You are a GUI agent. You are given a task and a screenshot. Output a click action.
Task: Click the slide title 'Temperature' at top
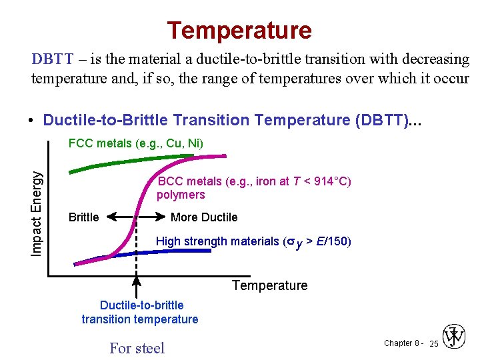tap(239, 30)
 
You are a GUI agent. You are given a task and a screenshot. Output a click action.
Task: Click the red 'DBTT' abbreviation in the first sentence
tap(52, 59)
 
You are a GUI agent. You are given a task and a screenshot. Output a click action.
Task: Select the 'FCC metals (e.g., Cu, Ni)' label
tap(136, 143)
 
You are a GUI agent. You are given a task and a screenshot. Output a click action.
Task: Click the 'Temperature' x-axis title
tap(269, 286)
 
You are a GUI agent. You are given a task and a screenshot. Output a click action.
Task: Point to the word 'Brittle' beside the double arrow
tap(83, 217)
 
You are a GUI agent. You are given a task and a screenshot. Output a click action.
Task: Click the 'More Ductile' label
tap(204, 217)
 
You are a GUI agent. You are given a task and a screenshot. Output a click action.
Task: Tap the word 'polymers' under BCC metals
tap(181, 195)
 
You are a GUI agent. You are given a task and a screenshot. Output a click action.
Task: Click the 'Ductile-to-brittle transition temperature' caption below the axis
tap(140, 312)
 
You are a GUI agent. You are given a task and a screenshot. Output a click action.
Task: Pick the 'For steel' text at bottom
tap(137, 348)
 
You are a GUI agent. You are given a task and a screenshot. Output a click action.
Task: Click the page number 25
tap(433, 343)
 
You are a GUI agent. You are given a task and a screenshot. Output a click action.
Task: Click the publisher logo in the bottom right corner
tap(455, 338)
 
